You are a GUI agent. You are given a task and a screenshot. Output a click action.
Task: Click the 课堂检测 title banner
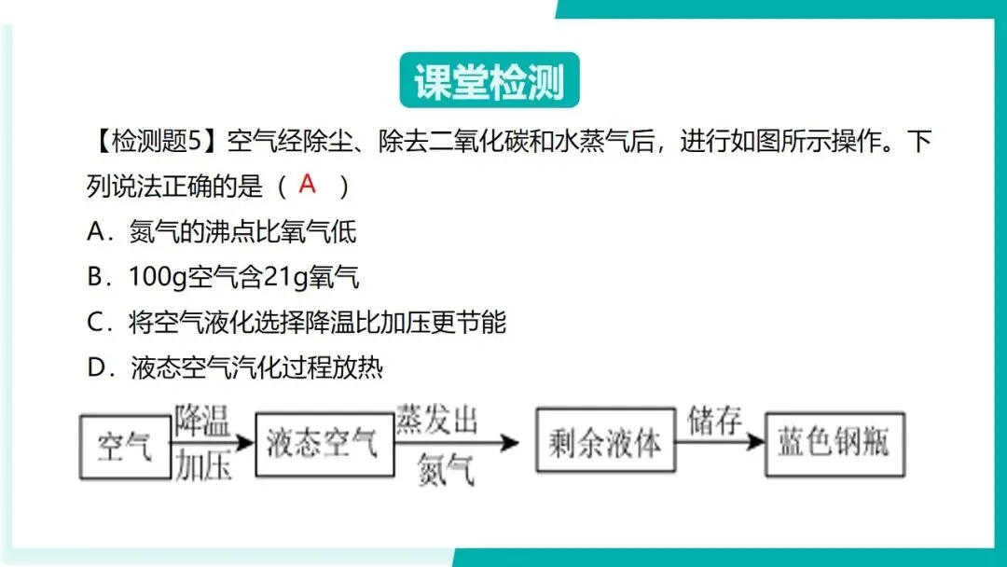coord(490,82)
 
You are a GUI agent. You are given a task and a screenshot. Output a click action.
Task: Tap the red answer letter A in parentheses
coord(308,184)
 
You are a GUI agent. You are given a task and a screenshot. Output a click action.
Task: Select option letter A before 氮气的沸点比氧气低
coord(98,231)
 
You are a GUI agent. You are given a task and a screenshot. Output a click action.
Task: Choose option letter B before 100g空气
coord(98,277)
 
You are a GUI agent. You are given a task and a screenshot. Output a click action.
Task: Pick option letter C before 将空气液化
coord(98,323)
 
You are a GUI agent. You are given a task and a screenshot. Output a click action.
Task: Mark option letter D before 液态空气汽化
coord(98,368)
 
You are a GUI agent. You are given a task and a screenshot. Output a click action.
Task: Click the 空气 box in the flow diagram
coord(124,446)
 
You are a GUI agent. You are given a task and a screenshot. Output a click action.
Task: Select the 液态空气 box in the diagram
coord(322,444)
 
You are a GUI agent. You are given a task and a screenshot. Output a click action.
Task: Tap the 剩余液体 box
coord(606,444)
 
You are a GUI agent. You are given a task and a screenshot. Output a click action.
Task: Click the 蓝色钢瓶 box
coord(835,444)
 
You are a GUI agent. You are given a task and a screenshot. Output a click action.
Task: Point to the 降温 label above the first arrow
coord(202,422)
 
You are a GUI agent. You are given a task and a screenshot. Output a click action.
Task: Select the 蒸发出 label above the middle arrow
coord(436,421)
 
